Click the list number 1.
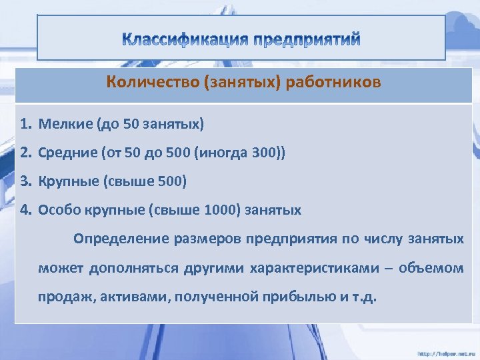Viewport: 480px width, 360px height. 25,124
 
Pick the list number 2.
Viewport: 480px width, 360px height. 25,153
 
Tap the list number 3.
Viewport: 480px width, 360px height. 25,181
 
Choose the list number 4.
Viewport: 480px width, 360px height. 25,210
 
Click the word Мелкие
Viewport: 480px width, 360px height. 65,124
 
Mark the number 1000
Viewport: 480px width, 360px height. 220,210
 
